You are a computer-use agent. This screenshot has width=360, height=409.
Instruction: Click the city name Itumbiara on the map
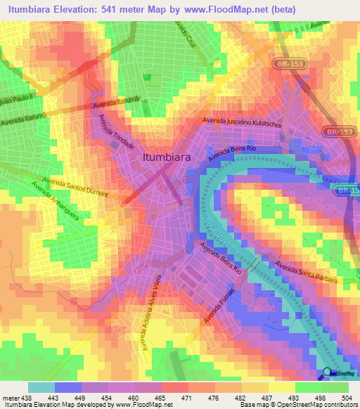click(x=171, y=158)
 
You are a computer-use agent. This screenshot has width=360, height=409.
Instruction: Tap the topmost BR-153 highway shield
click(x=286, y=63)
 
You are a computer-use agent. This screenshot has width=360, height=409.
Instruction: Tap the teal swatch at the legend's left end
click(x=41, y=387)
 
